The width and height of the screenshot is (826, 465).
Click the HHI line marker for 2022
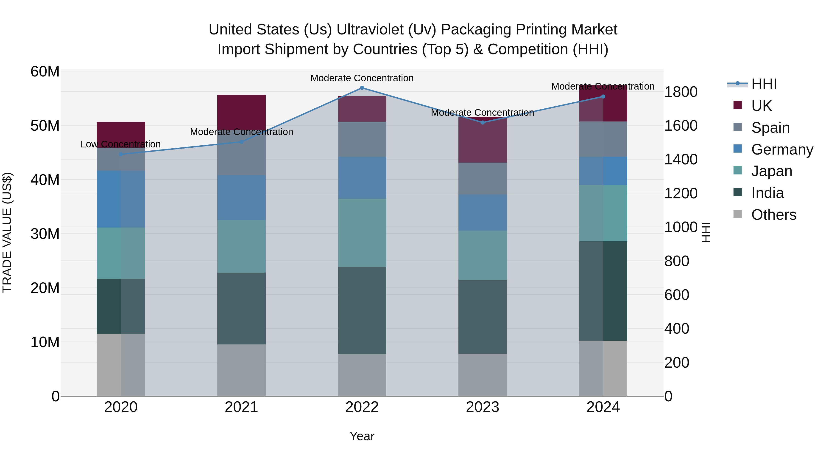[362, 88]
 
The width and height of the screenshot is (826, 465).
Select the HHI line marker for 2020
[121, 154]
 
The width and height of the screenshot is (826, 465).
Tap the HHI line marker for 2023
[483, 123]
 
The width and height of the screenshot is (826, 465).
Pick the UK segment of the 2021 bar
[241, 112]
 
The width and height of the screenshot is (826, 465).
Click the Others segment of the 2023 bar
[483, 375]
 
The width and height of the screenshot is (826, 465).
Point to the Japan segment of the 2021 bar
[241, 246]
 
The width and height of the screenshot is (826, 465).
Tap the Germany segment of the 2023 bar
[483, 212]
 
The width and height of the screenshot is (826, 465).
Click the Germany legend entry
[782, 149]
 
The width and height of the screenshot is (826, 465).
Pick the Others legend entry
[773, 215]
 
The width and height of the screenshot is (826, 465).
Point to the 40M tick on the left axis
[45, 180]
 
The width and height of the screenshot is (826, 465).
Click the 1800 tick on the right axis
[681, 92]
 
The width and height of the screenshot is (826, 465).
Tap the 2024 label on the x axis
[603, 407]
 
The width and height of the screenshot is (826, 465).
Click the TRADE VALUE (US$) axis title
[7, 232]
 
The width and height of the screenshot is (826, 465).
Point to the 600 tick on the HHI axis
[677, 295]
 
